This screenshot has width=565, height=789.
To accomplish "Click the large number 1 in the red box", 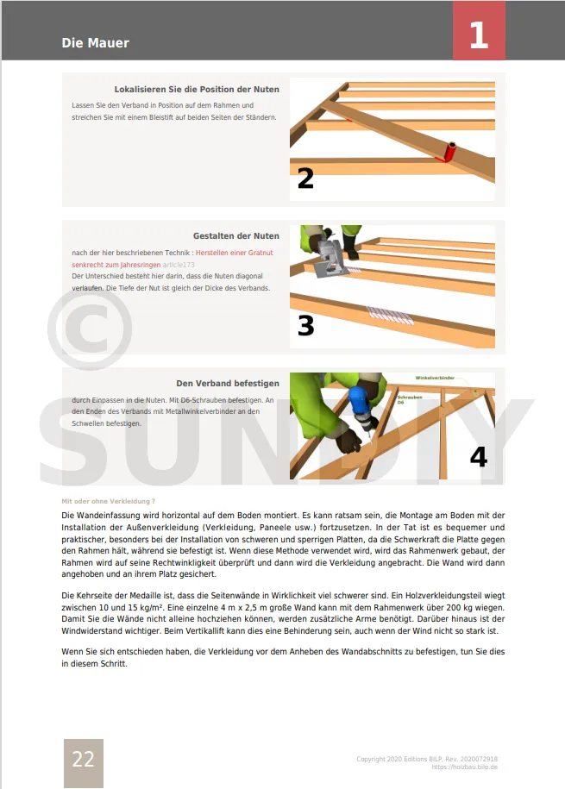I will pyautogui.click(x=479, y=34).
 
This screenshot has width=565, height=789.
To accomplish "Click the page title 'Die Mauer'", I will pyautogui.click(x=95, y=43).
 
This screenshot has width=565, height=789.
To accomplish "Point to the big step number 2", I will pyautogui.click(x=305, y=178).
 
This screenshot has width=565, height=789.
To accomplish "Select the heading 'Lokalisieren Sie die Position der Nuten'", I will pyautogui.click(x=197, y=90).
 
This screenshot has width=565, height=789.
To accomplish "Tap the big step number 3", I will pyautogui.click(x=305, y=325).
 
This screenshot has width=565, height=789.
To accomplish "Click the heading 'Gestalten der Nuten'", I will pyautogui.click(x=235, y=235).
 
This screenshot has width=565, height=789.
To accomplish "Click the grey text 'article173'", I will pyautogui.click(x=179, y=265).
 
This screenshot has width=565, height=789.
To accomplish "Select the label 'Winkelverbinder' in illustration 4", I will pyautogui.click(x=435, y=379).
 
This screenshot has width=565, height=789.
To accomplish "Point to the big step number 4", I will pyautogui.click(x=478, y=456).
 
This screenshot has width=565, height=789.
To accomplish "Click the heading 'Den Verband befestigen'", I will pyautogui.click(x=227, y=383).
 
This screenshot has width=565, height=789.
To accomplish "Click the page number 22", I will pyautogui.click(x=83, y=760).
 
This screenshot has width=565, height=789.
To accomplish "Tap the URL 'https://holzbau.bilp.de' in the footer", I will pyautogui.click(x=464, y=767).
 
